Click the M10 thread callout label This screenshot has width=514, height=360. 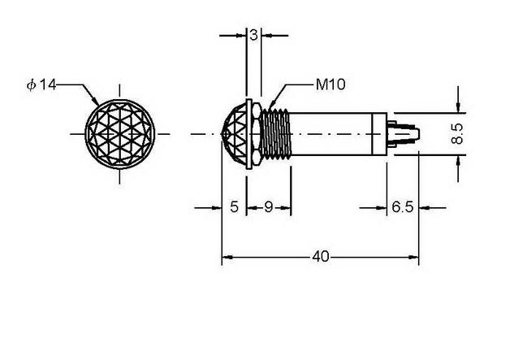pyautogui.click(x=330, y=85)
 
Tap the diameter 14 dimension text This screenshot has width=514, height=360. pyautogui.click(x=41, y=85)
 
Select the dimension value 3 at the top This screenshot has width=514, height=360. pyautogui.click(x=253, y=35)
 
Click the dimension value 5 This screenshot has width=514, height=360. pyautogui.click(x=234, y=207)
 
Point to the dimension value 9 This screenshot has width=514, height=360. pyautogui.click(x=269, y=207)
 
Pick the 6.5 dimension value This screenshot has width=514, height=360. pyautogui.click(x=403, y=207)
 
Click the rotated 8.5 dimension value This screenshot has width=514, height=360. pyautogui.click(x=457, y=133)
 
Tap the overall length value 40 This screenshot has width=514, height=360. pyautogui.click(x=320, y=257)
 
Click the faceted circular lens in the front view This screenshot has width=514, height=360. pyautogui.click(x=119, y=134)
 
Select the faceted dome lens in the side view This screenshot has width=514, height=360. pyautogui.click(x=235, y=134)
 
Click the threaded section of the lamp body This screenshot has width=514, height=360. pyautogui.click(x=275, y=133)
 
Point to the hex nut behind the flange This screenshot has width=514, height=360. pyautogui.click(x=257, y=134)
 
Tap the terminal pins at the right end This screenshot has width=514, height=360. pyautogui.click(x=404, y=134)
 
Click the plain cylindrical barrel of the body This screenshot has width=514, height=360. pyautogui.click(x=339, y=133)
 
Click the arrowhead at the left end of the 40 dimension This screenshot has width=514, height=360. pyautogui.click(x=227, y=258)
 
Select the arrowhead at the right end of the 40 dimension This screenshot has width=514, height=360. pyautogui.click(x=413, y=258)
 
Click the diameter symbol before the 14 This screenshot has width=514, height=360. pyautogui.click(x=31, y=85)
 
